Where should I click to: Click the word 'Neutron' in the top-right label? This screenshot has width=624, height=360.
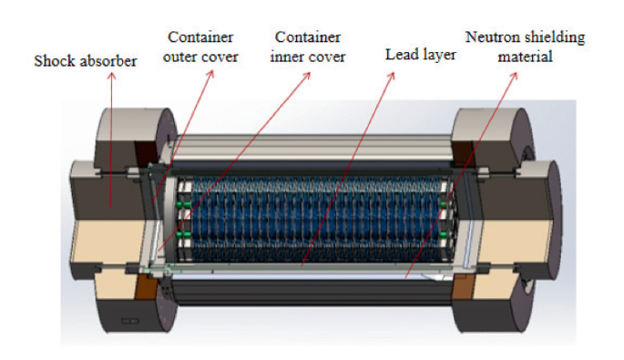tap(490, 37)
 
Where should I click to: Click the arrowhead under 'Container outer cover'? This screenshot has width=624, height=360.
tap(212, 74)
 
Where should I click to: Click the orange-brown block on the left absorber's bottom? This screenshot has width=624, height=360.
tap(146, 290)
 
